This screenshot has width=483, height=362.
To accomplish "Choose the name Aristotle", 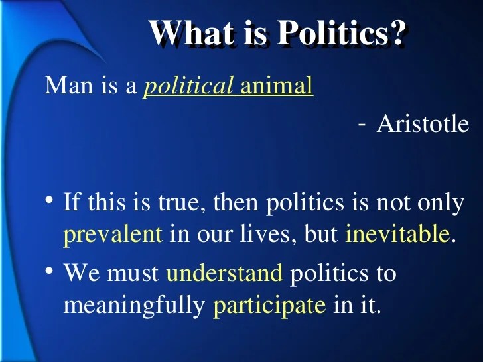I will click(x=423, y=124).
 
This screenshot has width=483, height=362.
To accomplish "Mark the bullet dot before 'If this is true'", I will click(x=50, y=202).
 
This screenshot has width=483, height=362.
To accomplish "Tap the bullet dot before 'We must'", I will click(x=50, y=272).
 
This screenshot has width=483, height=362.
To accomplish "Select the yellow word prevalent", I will click(x=113, y=235).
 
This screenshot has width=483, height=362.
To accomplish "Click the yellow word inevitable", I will click(x=397, y=235).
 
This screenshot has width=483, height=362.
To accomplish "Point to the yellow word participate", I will click(x=269, y=306).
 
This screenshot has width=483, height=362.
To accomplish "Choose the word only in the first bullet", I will click(x=441, y=203).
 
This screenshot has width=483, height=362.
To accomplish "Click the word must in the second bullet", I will click(x=137, y=272).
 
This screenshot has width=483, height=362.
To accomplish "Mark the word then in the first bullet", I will click(x=236, y=203).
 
